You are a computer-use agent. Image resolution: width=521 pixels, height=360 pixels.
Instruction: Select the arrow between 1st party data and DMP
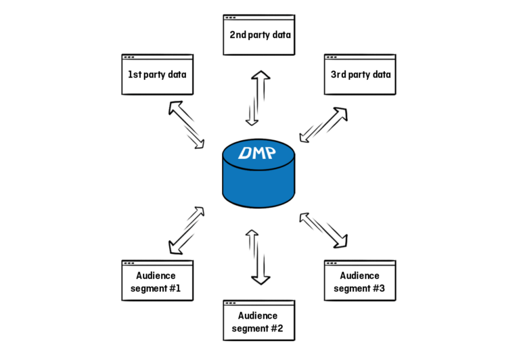[x=187, y=124]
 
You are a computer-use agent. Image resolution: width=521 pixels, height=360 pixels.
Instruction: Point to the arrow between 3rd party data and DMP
[x=327, y=124]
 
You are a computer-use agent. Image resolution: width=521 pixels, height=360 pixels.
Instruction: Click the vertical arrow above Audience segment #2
[x=258, y=256]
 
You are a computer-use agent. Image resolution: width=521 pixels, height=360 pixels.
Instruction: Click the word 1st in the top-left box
[x=134, y=75]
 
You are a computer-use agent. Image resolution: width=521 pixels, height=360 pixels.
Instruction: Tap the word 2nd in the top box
[x=237, y=34]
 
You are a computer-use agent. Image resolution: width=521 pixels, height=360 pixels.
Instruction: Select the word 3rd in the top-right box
[x=338, y=75]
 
